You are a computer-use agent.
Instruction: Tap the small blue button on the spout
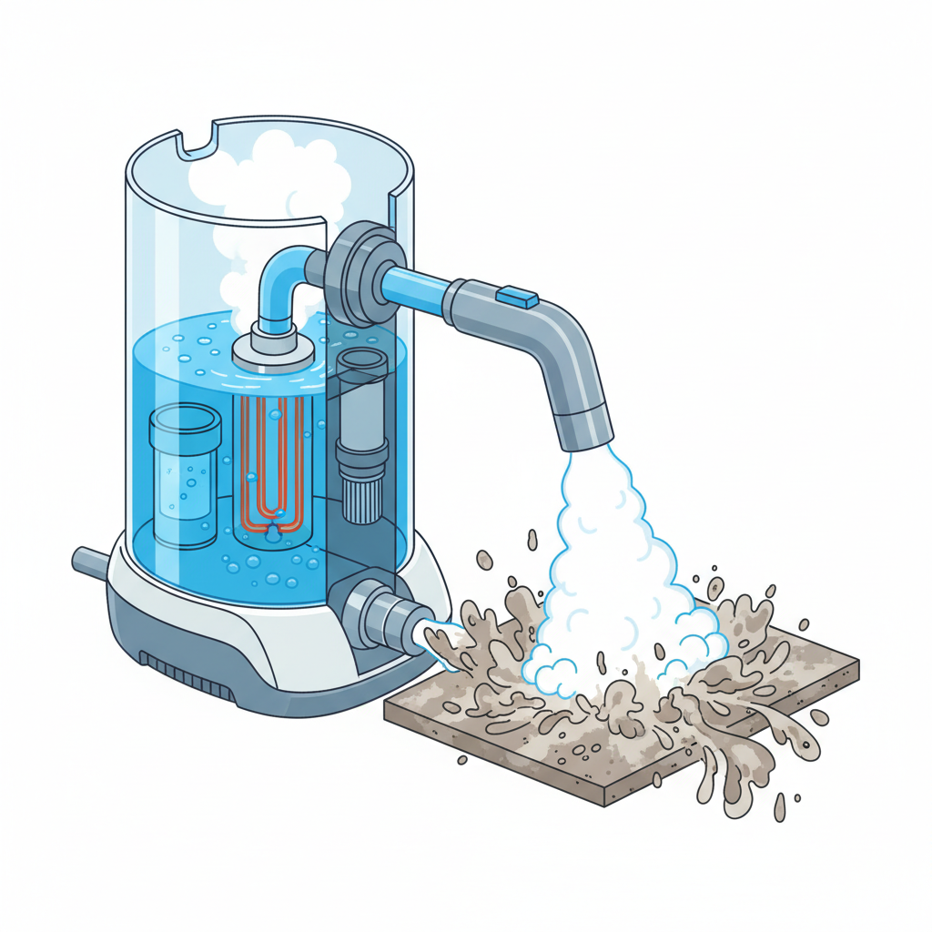coord(518,296)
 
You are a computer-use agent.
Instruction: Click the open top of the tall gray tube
coord(362,359)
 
